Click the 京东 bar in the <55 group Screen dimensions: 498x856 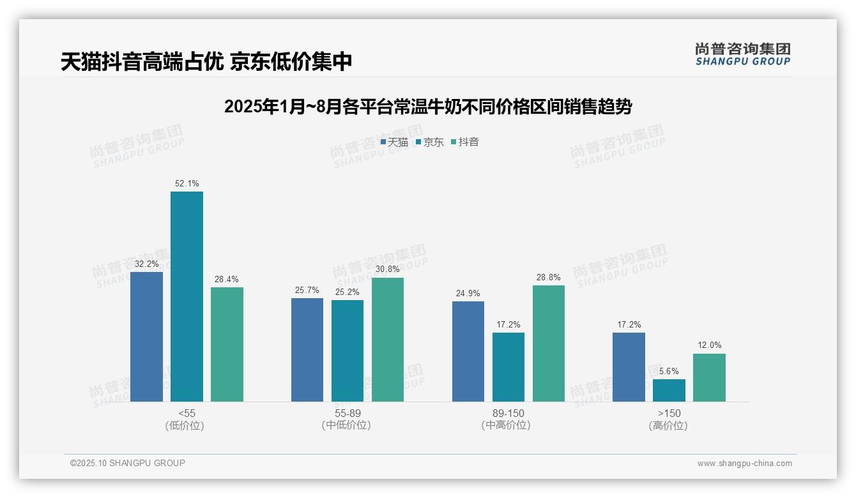tap(187, 296)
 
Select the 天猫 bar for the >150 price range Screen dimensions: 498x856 tap(629, 367)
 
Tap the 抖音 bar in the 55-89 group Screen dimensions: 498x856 tap(388, 340)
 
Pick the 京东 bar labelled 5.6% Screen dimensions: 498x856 tap(669, 390)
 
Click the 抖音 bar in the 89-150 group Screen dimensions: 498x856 tap(549, 343)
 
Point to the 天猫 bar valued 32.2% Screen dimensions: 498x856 tap(146, 336)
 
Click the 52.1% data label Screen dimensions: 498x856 tap(187, 184)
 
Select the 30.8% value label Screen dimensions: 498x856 tap(388, 269)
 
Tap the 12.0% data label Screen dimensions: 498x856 tap(709, 345)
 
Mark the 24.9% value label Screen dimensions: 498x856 tap(468, 294)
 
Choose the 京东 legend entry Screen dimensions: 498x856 tap(430, 142)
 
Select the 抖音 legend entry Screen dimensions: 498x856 tap(465, 142)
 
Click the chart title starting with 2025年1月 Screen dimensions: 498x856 tap(427, 107)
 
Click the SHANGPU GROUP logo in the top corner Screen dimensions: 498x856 tap(742, 54)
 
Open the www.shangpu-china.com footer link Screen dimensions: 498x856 tap(744, 464)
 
